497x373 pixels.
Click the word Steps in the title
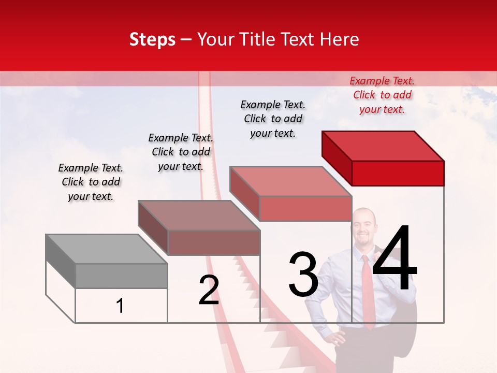coord(152,39)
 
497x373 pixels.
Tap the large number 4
coord(394,260)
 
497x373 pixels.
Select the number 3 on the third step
coord(303,275)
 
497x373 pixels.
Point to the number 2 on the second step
coord(209,290)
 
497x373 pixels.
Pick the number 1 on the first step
coord(120,306)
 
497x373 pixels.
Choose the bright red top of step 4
coord(383,146)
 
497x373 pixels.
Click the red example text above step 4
coord(382,95)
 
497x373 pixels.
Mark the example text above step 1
coord(91,182)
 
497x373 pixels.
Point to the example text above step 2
coord(181,152)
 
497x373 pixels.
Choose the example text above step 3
coord(273,119)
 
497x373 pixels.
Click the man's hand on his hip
coord(338,338)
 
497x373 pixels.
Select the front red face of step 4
coord(398,173)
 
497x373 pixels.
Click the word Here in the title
coord(341,39)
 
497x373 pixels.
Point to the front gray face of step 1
coord(121,276)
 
